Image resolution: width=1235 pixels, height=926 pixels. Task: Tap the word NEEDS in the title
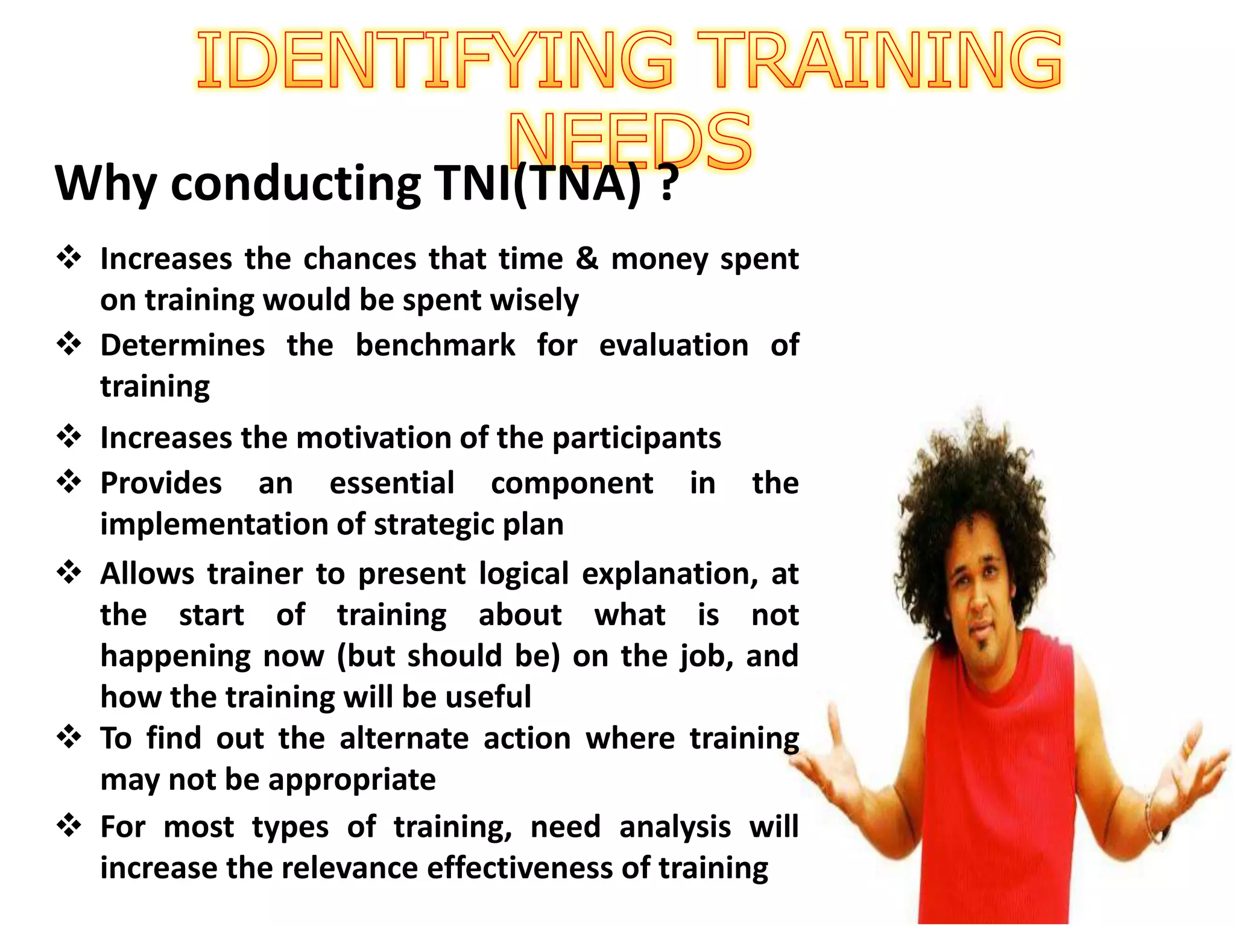pyautogui.click(x=630, y=142)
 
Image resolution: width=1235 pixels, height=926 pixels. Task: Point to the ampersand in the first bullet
pyautogui.click(x=587, y=259)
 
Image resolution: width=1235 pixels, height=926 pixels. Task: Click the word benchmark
pyautogui.click(x=435, y=345)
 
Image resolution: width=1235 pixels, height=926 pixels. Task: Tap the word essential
pyautogui.click(x=392, y=483)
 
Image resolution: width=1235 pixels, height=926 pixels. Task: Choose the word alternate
pyautogui.click(x=404, y=739)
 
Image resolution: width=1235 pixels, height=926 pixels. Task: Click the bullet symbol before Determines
pyautogui.click(x=69, y=344)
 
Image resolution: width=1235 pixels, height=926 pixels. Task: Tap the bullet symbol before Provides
pyautogui.click(x=69, y=482)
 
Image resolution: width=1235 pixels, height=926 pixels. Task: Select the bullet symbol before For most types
pyautogui.click(x=69, y=825)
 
